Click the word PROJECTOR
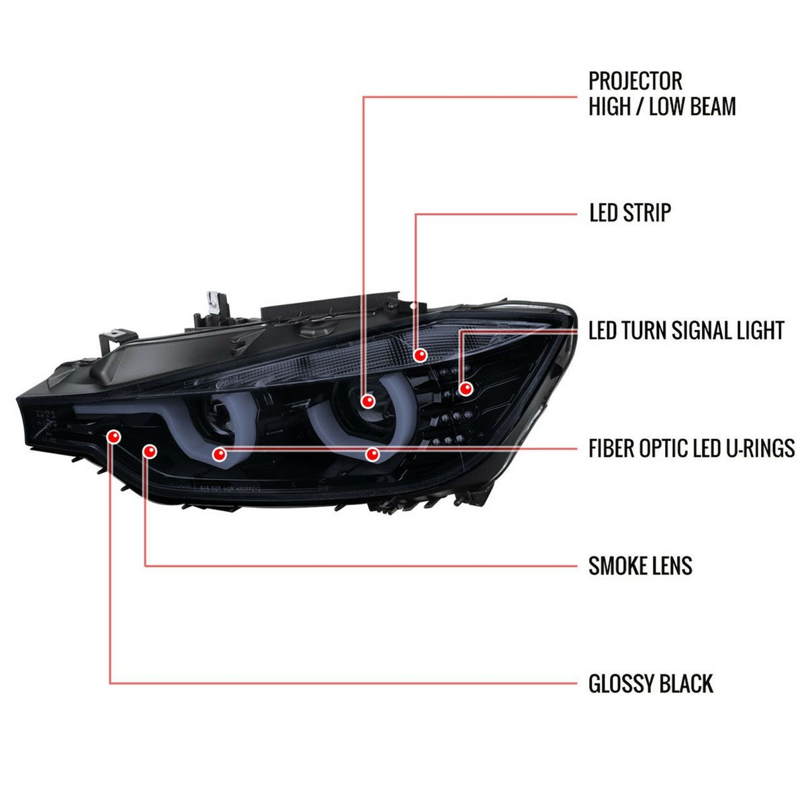(635, 81)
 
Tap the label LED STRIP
(630, 213)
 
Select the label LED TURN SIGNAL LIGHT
(686, 330)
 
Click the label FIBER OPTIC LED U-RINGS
(691, 448)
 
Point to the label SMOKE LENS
(640, 566)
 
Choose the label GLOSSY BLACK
(650, 684)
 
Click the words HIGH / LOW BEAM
(662, 106)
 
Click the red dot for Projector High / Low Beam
(368, 402)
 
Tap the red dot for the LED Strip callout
(420, 355)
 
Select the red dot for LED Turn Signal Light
(465, 389)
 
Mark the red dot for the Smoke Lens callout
(150, 451)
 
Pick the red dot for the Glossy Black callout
(114, 437)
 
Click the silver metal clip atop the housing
(214, 303)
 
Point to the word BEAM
(713, 106)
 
